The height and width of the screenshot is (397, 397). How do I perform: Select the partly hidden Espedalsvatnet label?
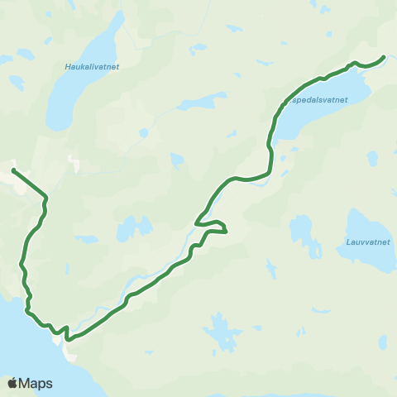318,99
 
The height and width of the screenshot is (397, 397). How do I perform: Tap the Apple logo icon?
12,383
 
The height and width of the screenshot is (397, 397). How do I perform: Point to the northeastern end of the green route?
384,57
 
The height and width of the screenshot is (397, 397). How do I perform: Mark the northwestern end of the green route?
13,170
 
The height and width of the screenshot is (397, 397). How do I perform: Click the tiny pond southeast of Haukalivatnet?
144,132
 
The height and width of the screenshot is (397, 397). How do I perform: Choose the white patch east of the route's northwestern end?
75,163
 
